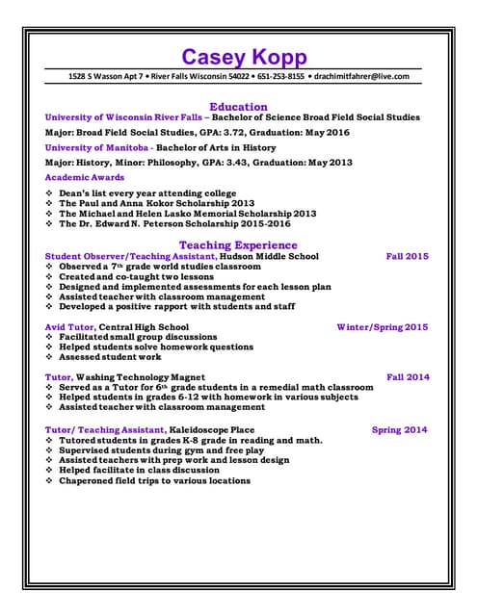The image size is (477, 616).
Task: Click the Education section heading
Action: coord(238,106)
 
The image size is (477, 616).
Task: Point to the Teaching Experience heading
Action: coord(238,244)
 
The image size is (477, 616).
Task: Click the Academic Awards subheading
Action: coord(85,178)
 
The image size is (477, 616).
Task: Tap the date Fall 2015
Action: coord(407,257)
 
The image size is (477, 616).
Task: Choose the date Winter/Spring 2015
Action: coord(382,327)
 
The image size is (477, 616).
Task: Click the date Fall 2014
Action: coord(408,377)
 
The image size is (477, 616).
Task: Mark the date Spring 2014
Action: coord(399,430)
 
